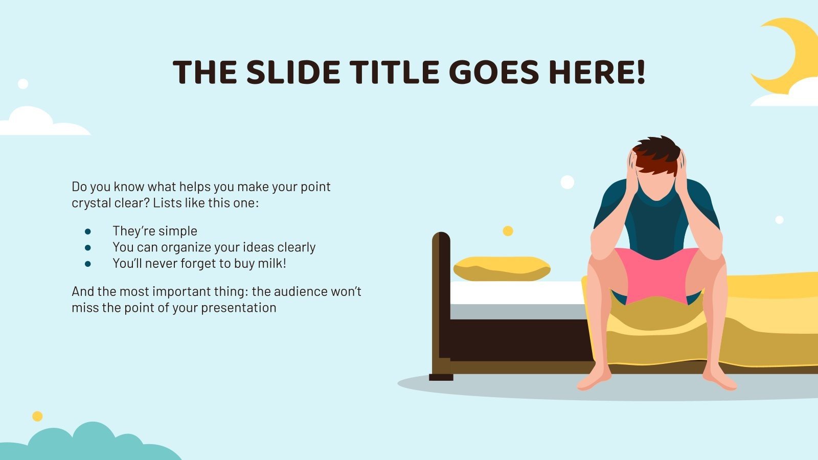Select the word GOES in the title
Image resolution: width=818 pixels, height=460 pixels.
pos(494,72)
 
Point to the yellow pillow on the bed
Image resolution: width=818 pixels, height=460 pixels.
pos(502,268)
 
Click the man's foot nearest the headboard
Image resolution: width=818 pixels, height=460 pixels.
pos(593,381)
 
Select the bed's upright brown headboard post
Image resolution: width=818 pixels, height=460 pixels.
pos(441,302)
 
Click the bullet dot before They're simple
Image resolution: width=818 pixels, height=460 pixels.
pos(88,232)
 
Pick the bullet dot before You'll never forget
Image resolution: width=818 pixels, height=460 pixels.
pos(88,264)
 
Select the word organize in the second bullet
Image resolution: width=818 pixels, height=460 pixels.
pos(187,247)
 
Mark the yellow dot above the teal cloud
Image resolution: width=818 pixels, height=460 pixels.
pos(37,416)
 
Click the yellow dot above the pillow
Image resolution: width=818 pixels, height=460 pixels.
pos(508,231)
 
